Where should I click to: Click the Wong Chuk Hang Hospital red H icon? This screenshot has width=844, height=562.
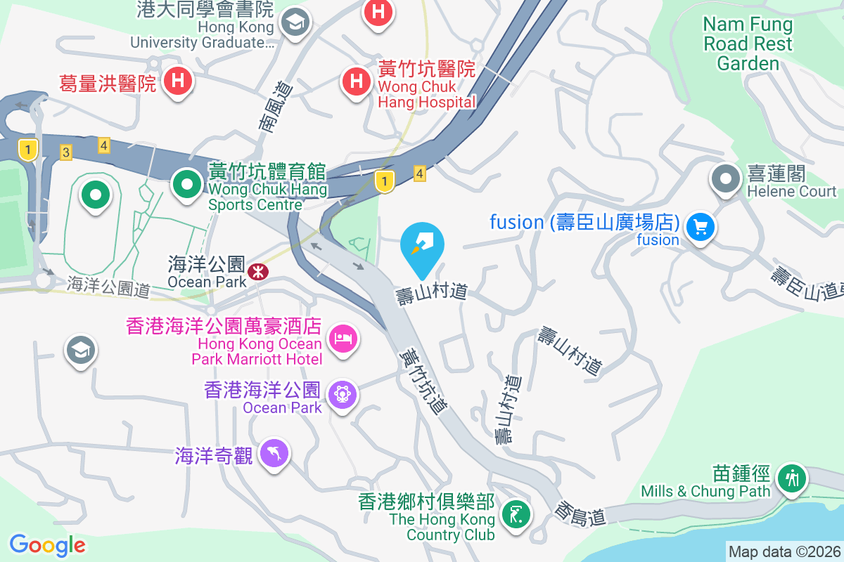(357, 81)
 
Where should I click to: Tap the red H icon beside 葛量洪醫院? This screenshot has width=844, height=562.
(178, 81)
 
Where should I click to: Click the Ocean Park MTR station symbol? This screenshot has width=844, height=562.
(257, 270)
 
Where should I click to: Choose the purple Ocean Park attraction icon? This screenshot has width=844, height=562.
(343, 393)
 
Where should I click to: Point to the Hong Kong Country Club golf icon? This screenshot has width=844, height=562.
(516, 515)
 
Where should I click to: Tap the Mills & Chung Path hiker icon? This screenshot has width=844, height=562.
(792, 478)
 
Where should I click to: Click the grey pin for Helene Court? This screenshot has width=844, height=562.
(726, 178)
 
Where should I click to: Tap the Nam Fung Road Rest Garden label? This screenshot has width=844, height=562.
(748, 44)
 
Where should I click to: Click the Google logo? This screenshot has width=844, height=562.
(47, 544)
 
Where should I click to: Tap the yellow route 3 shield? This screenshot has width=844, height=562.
(66, 152)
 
